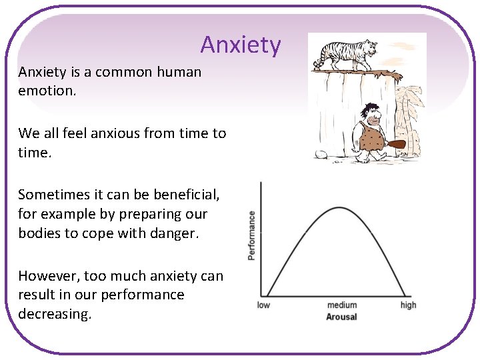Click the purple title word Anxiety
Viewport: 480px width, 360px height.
pos(241,45)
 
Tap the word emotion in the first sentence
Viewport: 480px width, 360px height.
pos(47,90)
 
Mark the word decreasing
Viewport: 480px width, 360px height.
pos(54,314)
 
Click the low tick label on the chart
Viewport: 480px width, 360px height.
pos(264,305)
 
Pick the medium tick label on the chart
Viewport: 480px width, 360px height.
pos(341,305)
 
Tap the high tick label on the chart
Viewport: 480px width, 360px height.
pos(408,305)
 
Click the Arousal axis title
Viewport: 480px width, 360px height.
pos(341,317)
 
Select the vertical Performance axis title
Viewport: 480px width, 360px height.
pos(251,235)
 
